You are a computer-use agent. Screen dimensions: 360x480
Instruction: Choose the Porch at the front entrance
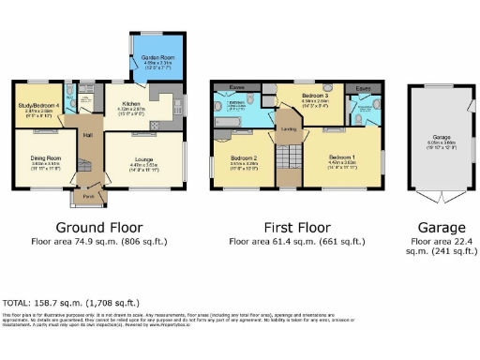[88, 197]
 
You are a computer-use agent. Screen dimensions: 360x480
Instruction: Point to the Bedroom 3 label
[313, 96]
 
